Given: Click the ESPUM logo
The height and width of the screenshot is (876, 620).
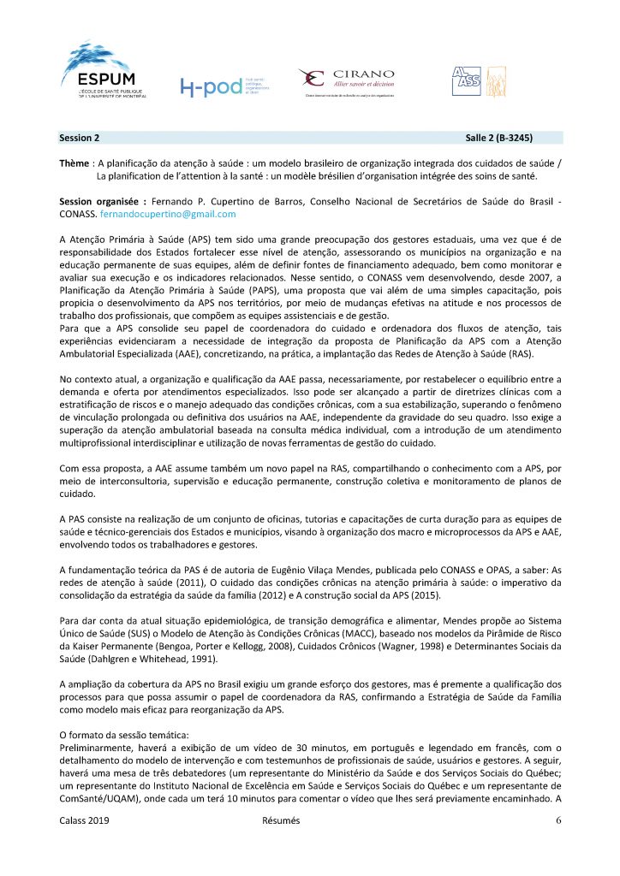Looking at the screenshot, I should [x=103, y=70].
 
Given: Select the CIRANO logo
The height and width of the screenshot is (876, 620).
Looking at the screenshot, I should [x=347, y=81].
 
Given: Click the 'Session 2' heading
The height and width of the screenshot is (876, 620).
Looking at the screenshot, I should [x=80, y=137].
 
